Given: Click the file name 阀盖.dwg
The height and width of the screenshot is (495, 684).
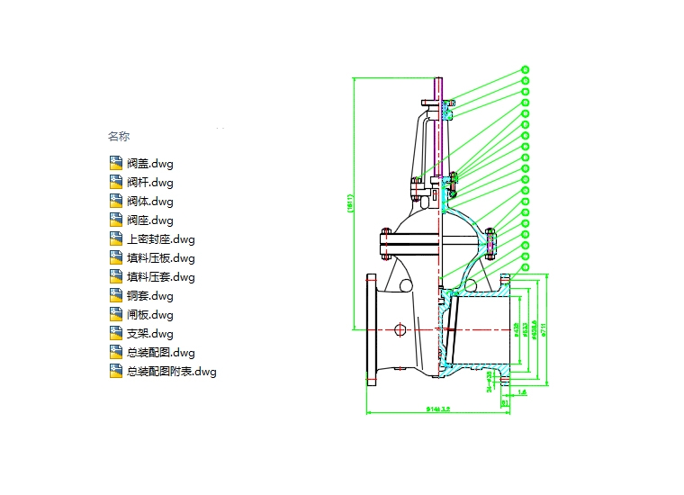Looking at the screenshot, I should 149,164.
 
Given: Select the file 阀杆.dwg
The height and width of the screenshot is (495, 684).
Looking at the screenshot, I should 149,183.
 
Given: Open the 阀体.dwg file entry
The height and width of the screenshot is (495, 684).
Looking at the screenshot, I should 149,202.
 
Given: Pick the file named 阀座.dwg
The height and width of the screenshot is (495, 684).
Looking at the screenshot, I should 149,220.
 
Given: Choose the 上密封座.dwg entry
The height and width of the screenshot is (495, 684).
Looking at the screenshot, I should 160,239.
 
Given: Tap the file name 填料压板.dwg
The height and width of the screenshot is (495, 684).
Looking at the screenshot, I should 160,258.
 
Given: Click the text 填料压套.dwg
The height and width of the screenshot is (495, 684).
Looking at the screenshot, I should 160,277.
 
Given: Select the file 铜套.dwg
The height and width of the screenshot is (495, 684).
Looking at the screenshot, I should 149,296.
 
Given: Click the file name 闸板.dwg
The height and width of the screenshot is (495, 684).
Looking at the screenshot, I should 149,315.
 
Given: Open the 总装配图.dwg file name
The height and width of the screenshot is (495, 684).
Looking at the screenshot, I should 160,353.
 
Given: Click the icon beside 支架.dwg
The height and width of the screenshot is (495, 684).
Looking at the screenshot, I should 115,334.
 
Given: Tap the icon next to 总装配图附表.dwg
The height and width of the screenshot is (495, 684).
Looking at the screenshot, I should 115,372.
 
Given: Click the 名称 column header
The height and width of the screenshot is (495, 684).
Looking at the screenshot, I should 119,137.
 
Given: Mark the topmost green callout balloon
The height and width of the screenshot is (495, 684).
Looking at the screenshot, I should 526,69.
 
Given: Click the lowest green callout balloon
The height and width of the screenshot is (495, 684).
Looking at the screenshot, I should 526,266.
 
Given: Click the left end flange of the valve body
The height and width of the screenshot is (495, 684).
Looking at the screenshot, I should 371,329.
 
